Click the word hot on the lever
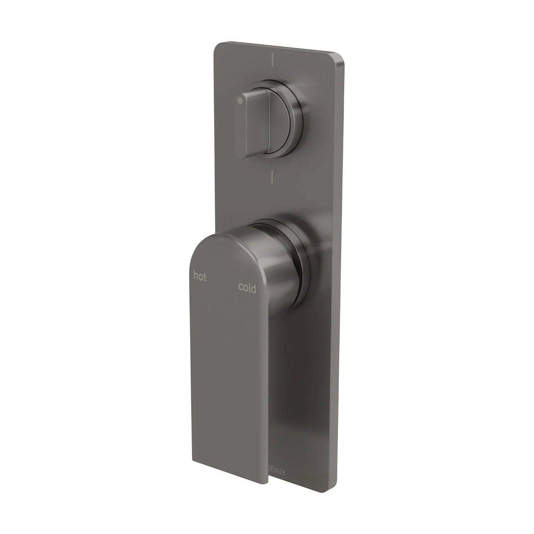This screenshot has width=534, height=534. click(x=200, y=277)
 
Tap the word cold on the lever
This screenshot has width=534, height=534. click(x=247, y=288)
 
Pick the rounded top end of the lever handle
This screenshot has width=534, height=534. click(x=222, y=240)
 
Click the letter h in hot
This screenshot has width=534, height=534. click(x=195, y=276)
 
